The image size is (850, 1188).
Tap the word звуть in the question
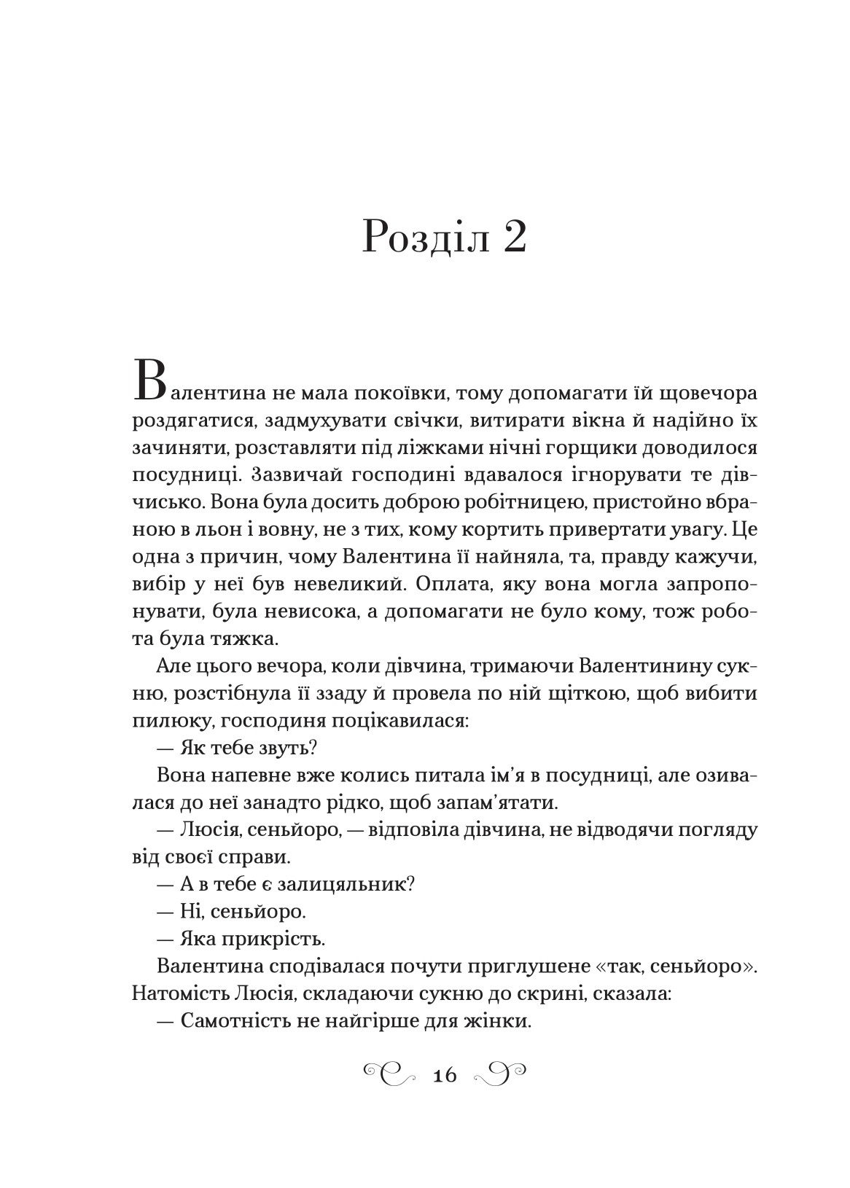click(286, 747)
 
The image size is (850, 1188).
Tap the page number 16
click(445, 1075)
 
